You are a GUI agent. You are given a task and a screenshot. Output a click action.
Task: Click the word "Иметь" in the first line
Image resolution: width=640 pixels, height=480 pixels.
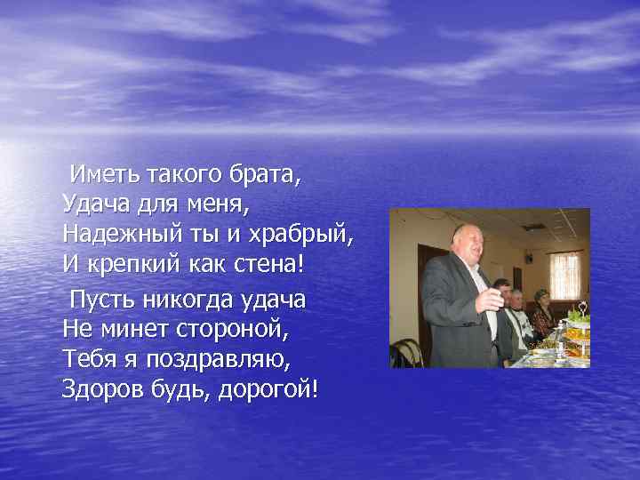click(x=103, y=173)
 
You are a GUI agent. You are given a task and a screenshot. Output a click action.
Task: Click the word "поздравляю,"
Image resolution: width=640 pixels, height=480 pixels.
click(x=223, y=358)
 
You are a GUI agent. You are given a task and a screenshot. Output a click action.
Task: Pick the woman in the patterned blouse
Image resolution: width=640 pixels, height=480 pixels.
click(x=541, y=316)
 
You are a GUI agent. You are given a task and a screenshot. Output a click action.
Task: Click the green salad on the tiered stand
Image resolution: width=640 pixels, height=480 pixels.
click(x=577, y=316)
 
